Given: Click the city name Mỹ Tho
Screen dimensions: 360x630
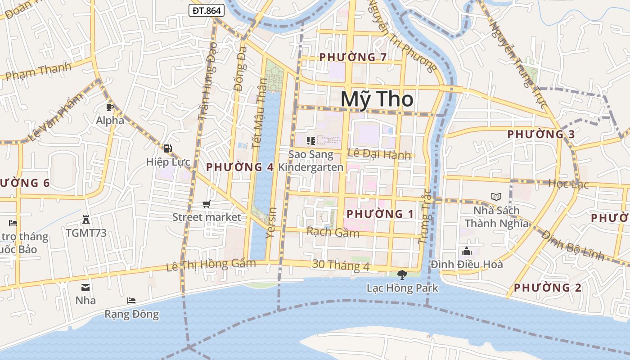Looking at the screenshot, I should [x=377, y=99].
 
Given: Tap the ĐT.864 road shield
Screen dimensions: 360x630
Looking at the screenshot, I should [x=206, y=10].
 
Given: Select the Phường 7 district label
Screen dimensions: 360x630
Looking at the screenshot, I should [x=353, y=57].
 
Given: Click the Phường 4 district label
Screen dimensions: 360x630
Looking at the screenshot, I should [x=240, y=167].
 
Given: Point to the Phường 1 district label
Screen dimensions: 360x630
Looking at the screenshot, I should [x=380, y=214].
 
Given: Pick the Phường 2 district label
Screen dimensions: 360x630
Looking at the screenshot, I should [x=547, y=288].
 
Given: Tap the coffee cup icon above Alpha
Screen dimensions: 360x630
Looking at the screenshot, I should [x=109, y=107].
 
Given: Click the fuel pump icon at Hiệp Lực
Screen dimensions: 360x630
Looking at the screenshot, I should [x=167, y=148].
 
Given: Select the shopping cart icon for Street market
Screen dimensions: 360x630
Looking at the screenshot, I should [x=207, y=204].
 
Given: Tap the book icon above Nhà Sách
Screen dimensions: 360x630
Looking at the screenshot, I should [x=496, y=197].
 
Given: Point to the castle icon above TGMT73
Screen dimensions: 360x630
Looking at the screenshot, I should [x=86, y=220].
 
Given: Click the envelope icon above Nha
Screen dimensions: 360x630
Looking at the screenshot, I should [x=85, y=287].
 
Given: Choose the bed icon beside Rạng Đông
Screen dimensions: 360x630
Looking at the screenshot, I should [x=131, y=300].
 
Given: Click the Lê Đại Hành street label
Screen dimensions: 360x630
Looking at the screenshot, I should [x=379, y=154].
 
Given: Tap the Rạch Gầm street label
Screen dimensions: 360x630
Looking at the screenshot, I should [x=333, y=232].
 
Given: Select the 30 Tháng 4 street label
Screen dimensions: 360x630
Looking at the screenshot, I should [x=341, y=265].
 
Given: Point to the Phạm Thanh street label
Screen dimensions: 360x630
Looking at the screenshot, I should [x=39, y=71].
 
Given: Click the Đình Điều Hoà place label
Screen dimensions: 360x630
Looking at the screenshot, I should [x=467, y=264].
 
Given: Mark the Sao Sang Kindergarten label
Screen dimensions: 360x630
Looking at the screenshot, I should [x=311, y=161].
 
